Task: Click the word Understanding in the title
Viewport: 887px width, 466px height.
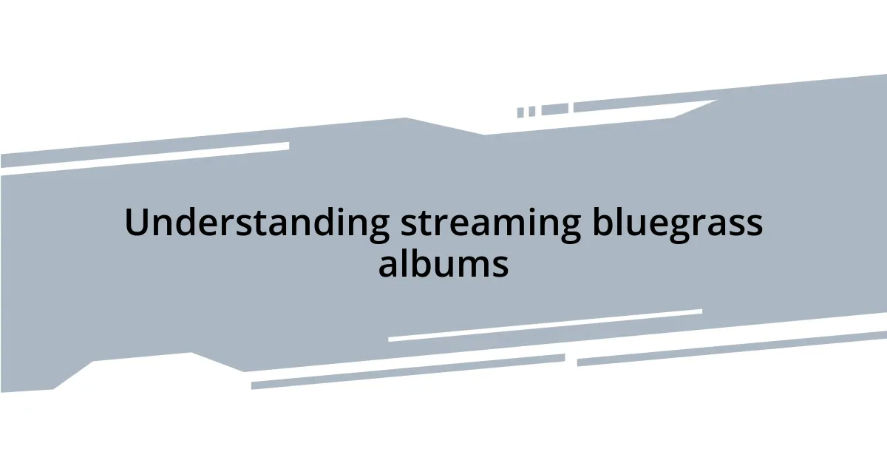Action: [x=256, y=223]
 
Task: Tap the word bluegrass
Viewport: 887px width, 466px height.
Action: [x=677, y=223]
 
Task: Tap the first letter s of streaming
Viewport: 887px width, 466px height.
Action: [x=407, y=226]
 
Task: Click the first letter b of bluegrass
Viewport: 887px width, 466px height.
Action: [x=602, y=223]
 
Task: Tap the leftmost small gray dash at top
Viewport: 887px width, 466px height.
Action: [x=520, y=112]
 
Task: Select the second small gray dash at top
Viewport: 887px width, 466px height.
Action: [x=531, y=111]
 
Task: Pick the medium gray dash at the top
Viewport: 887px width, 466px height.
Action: [x=554, y=109]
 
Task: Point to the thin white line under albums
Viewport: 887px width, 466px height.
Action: [x=545, y=325]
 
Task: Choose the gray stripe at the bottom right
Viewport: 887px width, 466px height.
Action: [x=732, y=348]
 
